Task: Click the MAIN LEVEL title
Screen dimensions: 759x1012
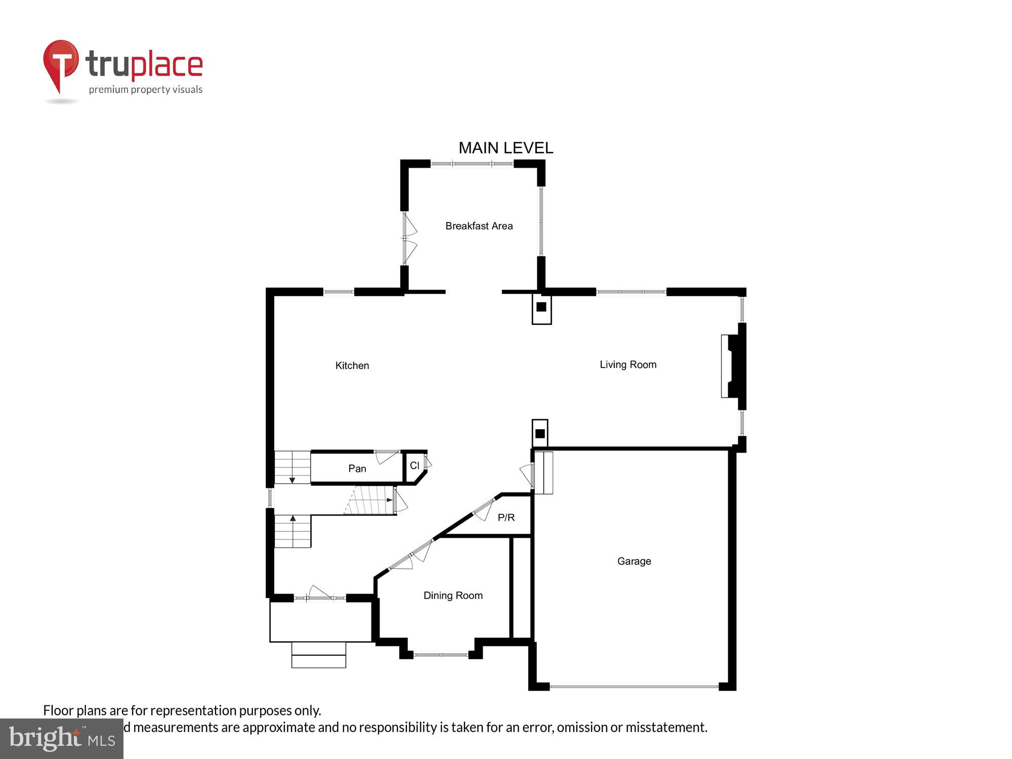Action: pyautogui.click(x=505, y=148)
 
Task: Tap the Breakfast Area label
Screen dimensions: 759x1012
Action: pyautogui.click(x=479, y=226)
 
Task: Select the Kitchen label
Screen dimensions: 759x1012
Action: pyautogui.click(x=352, y=365)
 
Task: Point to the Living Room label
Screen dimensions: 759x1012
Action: pyautogui.click(x=628, y=364)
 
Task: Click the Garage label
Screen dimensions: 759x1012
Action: pyautogui.click(x=634, y=561)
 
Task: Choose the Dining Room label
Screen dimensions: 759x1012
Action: pyautogui.click(x=453, y=596)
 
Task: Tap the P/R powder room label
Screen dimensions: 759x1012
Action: pyautogui.click(x=506, y=517)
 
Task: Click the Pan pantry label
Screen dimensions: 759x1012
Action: pyautogui.click(x=357, y=469)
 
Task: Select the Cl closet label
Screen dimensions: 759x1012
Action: pyautogui.click(x=414, y=466)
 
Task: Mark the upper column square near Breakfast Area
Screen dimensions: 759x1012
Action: pyautogui.click(x=541, y=307)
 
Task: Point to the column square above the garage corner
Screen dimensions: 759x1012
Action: pyautogui.click(x=540, y=434)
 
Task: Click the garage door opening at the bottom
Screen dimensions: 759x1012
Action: pyautogui.click(x=634, y=686)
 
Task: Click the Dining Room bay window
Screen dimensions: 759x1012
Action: pyautogui.click(x=441, y=655)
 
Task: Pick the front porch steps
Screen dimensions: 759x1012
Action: pyautogui.click(x=319, y=655)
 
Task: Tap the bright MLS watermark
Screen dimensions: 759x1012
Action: pyautogui.click(x=62, y=739)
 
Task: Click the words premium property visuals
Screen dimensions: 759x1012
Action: pyautogui.click(x=146, y=90)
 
